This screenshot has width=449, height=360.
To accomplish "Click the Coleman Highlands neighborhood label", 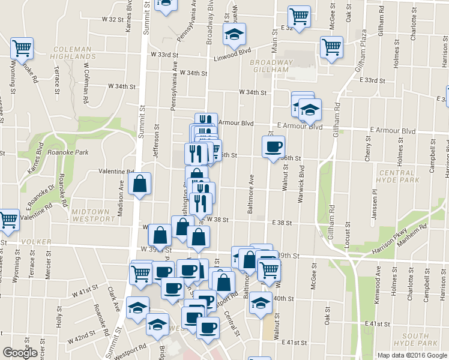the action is coord(71,53).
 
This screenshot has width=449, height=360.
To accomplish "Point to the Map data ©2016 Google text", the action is coord(412,355).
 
